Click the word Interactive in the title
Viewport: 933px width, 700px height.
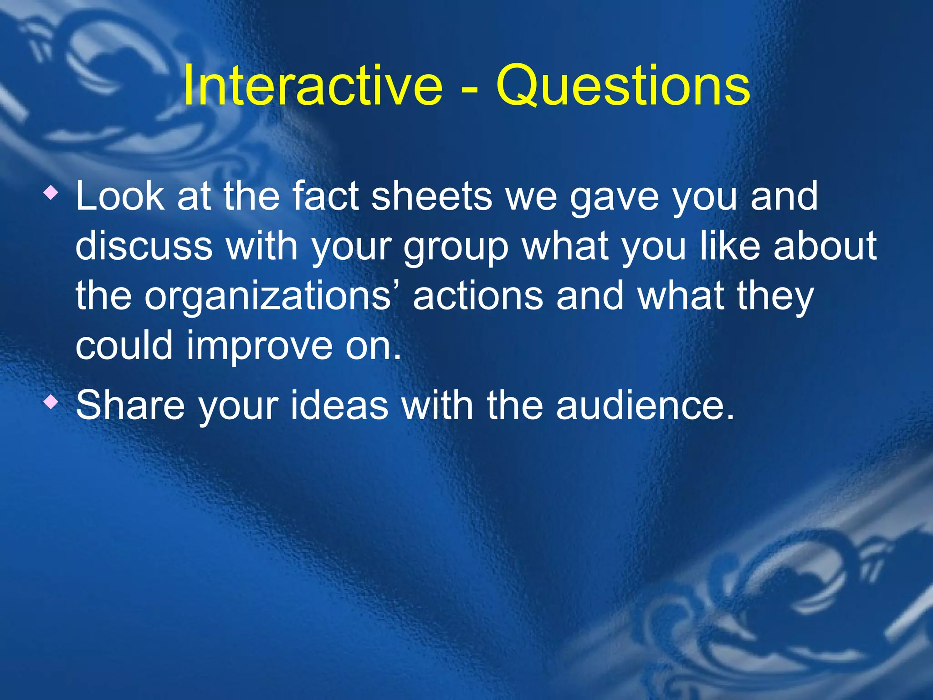313,86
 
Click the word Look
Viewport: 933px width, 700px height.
120,196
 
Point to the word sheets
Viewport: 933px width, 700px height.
431,196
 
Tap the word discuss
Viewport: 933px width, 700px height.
144,246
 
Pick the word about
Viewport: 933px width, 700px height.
825,246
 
